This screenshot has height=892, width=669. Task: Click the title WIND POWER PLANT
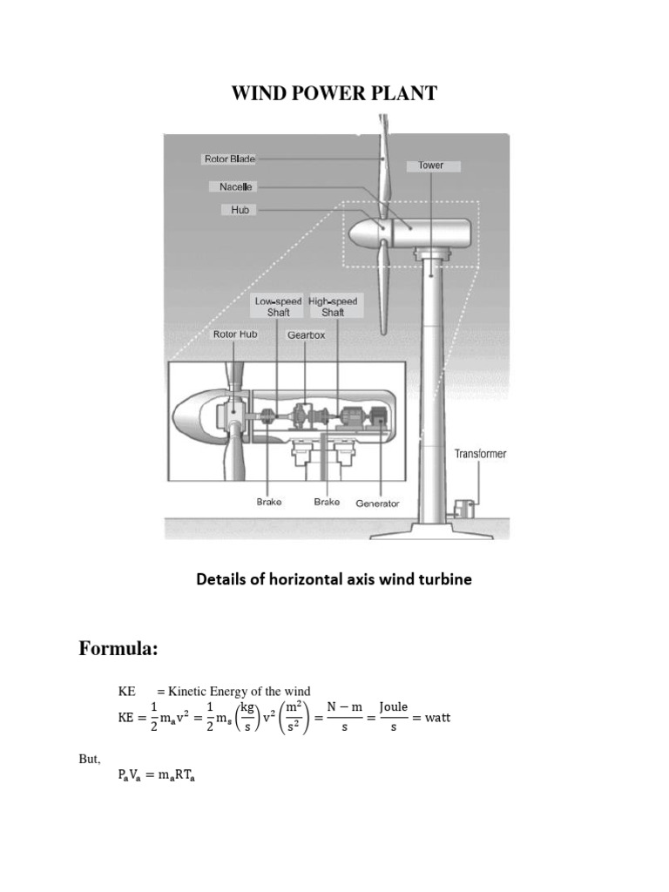point(334,93)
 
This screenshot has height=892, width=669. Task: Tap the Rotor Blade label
point(229,159)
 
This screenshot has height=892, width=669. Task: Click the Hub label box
point(239,210)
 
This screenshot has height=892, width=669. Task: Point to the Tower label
point(431,165)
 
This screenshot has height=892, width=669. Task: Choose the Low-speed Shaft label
point(278,307)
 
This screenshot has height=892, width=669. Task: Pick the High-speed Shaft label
point(332,307)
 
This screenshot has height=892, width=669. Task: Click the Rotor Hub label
point(235,334)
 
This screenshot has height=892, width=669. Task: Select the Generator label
point(377,503)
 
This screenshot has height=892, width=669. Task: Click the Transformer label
point(479,454)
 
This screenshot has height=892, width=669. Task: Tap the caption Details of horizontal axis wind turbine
point(334,579)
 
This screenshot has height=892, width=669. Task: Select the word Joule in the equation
point(393,706)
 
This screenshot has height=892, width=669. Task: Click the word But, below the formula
point(91,759)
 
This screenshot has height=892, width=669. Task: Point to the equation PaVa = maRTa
point(157,779)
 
